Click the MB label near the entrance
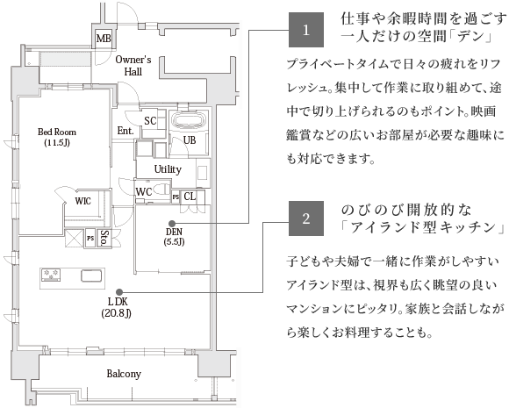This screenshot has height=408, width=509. [x=104, y=39]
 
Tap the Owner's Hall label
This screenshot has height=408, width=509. [x=133, y=66]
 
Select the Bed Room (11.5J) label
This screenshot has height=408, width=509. [x=57, y=137]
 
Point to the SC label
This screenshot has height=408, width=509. [x=150, y=121]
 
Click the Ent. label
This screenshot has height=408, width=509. [x=125, y=131]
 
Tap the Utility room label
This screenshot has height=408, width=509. [x=168, y=169]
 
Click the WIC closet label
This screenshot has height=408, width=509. [x=82, y=201]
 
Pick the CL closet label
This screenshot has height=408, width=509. [x=190, y=197]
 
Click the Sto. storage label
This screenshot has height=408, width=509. [x=104, y=238]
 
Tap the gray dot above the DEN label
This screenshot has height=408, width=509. [x=172, y=224]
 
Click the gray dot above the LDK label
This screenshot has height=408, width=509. [x=119, y=292]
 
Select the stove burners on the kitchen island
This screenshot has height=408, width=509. [x=51, y=275]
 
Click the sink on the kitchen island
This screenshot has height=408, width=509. [x=91, y=276]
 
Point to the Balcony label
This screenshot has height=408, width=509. [x=124, y=374]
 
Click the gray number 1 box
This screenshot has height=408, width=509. [x=306, y=30]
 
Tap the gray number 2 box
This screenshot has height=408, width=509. [x=306, y=218]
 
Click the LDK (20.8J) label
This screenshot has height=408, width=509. [x=116, y=307]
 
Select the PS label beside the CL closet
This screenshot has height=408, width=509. [x=176, y=197]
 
